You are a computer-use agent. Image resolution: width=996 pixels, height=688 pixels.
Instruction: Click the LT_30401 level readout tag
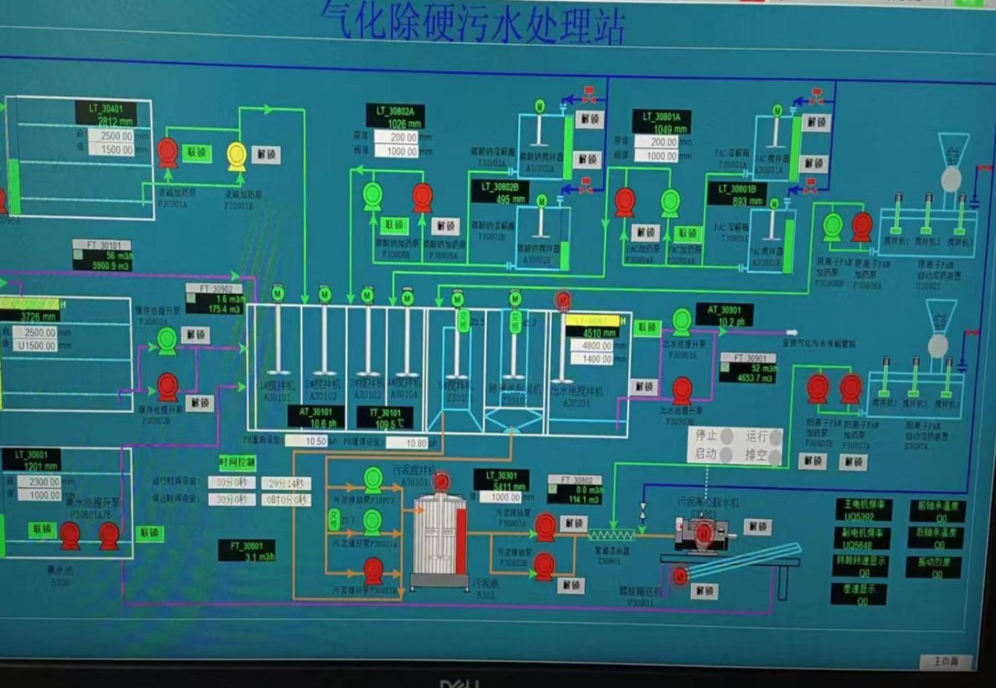(x=110, y=114)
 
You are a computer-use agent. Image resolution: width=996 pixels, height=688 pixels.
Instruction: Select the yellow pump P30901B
(x=237, y=155)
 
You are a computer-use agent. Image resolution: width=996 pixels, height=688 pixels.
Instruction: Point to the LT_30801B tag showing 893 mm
(x=737, y=194)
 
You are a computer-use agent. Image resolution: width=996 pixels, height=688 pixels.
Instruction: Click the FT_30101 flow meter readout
(x=102, y=255)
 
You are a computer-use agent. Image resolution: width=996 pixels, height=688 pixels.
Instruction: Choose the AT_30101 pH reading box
(x=316, y=417)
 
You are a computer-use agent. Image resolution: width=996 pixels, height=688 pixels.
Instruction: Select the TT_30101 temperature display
(x=385, y=417)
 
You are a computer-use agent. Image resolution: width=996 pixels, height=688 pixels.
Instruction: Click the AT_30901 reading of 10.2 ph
(x=724, y=314)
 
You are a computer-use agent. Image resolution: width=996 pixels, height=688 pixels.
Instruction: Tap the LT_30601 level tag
(x=31, y=459)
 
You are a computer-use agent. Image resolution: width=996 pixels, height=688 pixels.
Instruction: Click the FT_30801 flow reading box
(x=247, y=550)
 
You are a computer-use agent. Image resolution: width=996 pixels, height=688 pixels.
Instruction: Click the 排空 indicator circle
(x=774, y=455)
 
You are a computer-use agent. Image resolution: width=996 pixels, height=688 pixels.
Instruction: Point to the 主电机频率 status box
(x=864, y=511)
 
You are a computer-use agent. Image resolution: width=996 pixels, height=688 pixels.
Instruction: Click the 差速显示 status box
(x=861, y=595)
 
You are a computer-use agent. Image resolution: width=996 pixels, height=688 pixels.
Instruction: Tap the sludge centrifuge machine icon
(x=705, y=532)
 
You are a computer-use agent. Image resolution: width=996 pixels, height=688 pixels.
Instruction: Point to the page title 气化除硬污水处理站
(x=472, y=22)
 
